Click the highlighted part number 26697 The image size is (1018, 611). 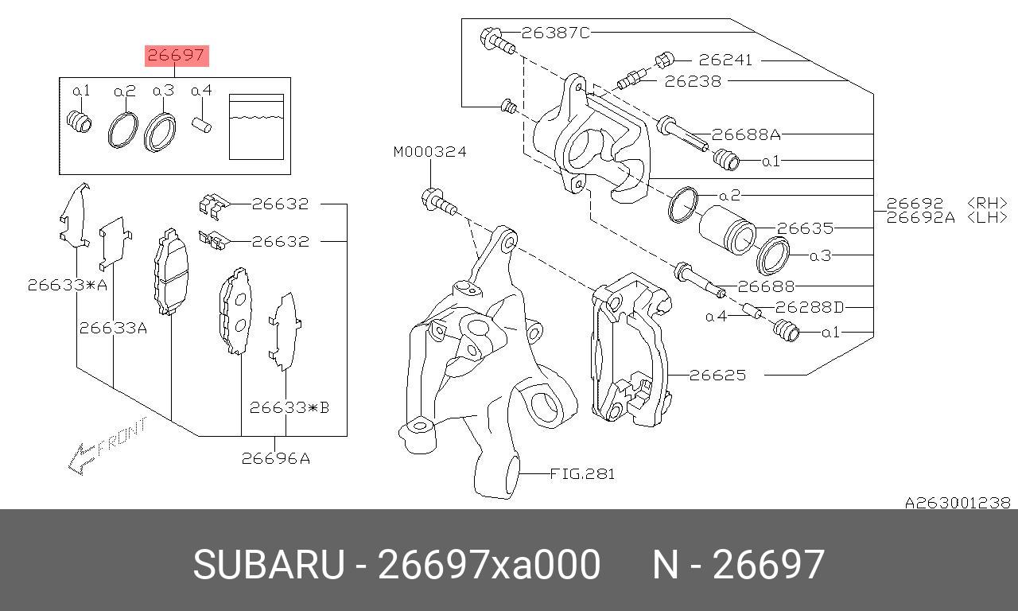(x=177, y=56)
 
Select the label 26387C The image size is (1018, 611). (x=555, y=33)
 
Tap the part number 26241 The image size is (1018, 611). (x=725, y=60)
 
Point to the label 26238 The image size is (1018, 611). (x=693, y=81)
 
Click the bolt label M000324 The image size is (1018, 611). (x=430, y=151)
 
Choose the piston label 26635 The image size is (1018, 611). (x=806, y=228)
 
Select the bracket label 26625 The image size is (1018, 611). (x=718, y=375)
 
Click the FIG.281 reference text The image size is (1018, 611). (x=583, y=474)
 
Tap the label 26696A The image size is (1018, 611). (x=276, y=459)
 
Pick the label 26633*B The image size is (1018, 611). (x=289, y=408)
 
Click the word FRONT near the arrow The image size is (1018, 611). (x=122, y=437)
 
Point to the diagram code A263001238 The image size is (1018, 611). (x=958, y=503)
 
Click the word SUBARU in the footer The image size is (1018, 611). (x=269, y=565)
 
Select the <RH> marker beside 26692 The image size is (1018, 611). (x=987, y=203)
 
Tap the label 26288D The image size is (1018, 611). (x=810, y=308)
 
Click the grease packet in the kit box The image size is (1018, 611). (x=256, y=126)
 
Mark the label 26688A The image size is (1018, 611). (x=746, y=134)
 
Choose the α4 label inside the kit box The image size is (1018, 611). (x=202, y=91)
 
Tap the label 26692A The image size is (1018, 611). (x=921, y=218)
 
